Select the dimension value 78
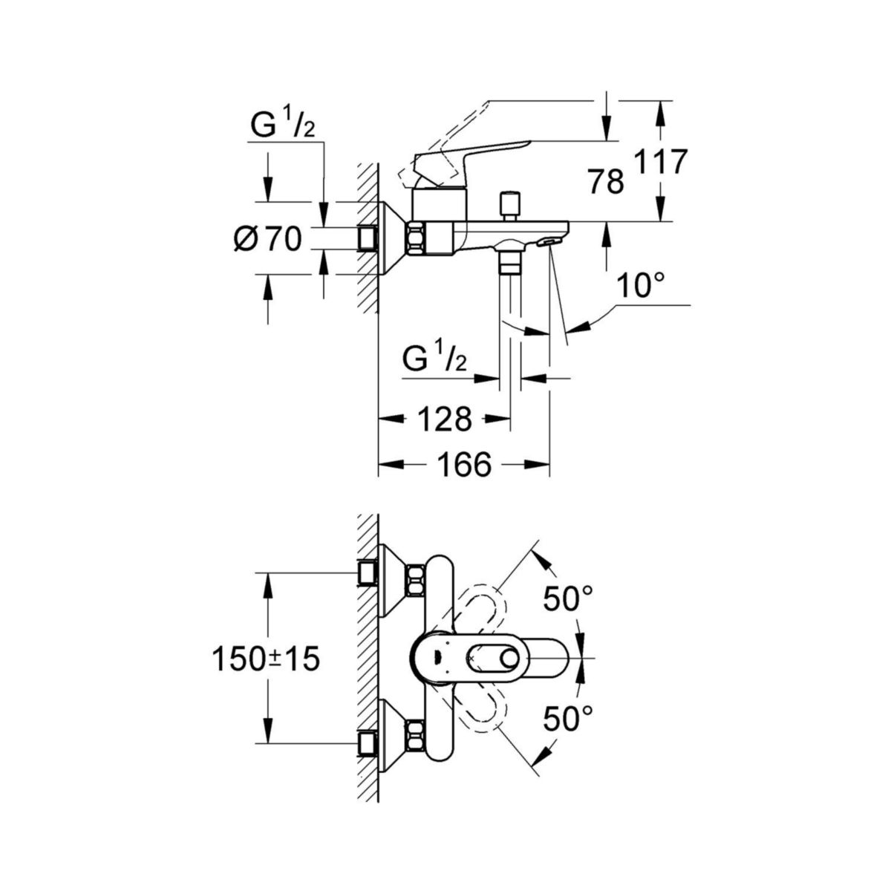click(x=606, y=180)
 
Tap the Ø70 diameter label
click(x=267, y=239)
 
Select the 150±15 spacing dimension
click(x=266, y=659)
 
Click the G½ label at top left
click(x=283, y=127)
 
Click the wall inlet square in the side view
click(x=368, y=238)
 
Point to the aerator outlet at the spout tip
click(x=549, y=241)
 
